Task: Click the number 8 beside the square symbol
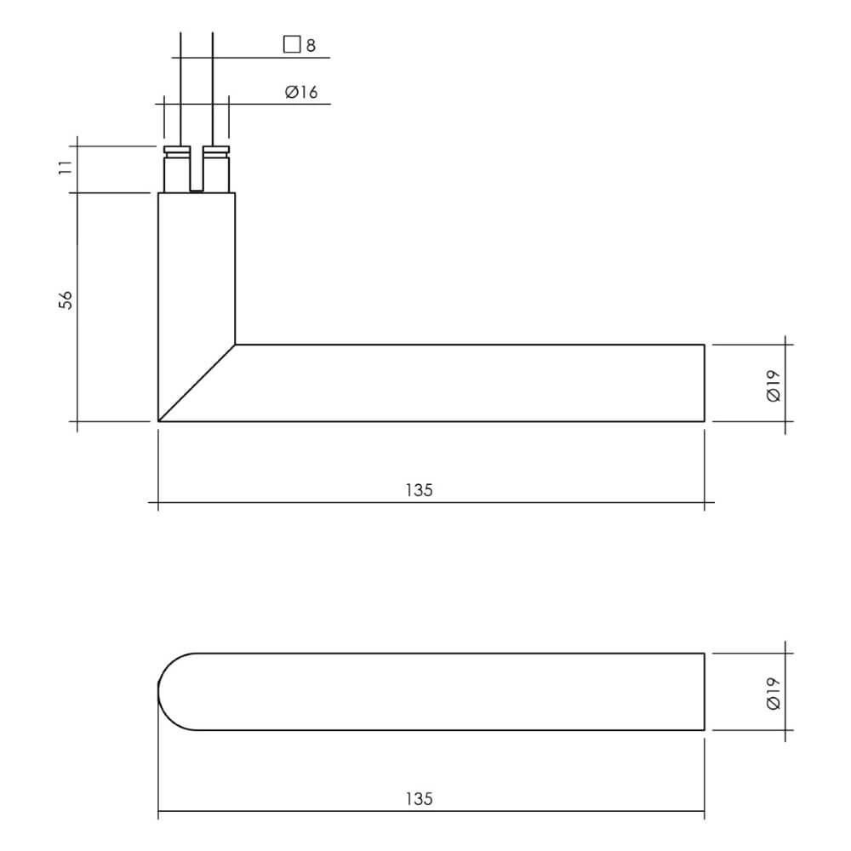click(311, 45)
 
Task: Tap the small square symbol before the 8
click(292, 44)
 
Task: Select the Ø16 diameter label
click(301, 92)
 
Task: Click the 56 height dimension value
click(66, 300)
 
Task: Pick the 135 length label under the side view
click(419, 490)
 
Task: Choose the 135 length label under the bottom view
click(419, 799)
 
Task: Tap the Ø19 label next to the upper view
click(773, 384)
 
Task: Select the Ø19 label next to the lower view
click(773, 692)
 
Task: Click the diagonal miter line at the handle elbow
click(197, 383)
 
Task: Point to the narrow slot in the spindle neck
click(197, 170)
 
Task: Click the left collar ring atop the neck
click(177, 151)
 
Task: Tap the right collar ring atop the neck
click(216, 151)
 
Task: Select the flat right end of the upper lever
click(704, 383)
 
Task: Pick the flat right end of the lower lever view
click(704, 692)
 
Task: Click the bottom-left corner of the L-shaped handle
click(160, 420)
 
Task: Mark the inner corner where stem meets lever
click(235, 345)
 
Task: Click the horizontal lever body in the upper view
click(468, 383)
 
